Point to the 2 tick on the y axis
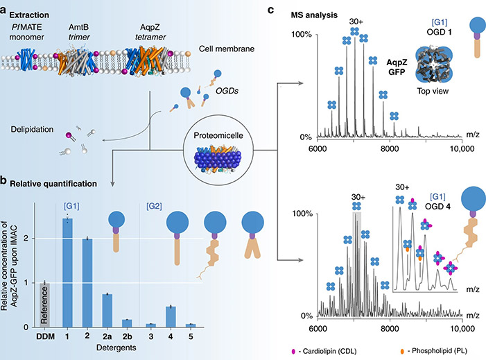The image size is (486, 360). pyautogui.click(x=27, y=239)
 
